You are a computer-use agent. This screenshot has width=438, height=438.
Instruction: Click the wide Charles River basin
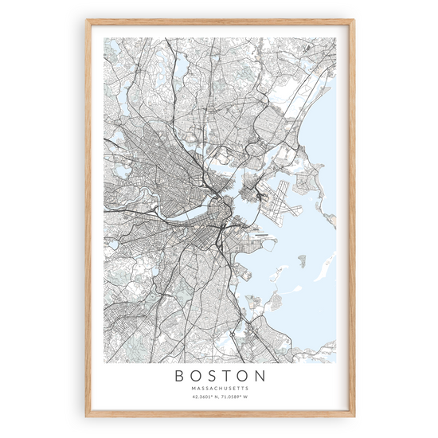[182, 216]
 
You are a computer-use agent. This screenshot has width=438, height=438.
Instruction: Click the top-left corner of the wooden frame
[86, 21]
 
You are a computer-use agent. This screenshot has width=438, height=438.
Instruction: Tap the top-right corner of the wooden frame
[353, 21]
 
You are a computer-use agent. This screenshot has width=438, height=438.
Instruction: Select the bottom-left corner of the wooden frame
[86, 416]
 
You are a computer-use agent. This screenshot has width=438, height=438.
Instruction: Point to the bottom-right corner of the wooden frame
[353, 416]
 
